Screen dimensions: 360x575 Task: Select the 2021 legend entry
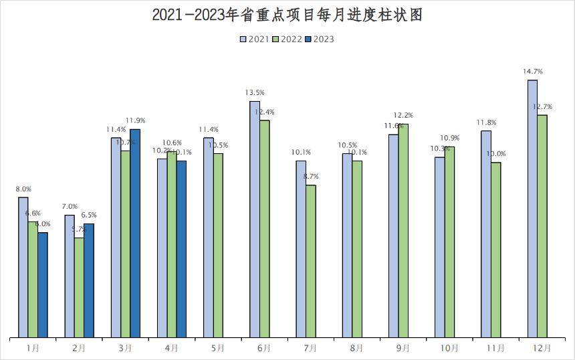(x=255, y=39)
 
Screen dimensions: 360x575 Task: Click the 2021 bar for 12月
(x=533, y=207)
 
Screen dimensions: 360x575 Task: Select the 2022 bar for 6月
(x=265, y=228)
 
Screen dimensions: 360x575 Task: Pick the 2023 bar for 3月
(x=135, y=232)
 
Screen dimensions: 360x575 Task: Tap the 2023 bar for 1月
(x=43, y=284)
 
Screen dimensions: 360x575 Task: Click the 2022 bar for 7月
(x=311, y=260)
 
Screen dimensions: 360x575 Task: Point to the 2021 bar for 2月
(x=70, y=276)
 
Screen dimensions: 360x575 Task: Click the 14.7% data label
(x=533, y=71)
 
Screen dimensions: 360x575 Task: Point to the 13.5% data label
(x=255, y=92)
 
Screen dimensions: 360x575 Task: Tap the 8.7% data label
(x=311, y=177)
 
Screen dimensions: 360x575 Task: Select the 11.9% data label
(x=136, y=120)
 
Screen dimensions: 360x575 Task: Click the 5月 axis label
(x=217, y=349)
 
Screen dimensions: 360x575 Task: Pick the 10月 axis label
(x=449, y=349)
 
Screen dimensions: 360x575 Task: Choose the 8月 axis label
(x=356, y=349)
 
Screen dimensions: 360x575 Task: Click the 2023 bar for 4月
(x=181, y=248)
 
